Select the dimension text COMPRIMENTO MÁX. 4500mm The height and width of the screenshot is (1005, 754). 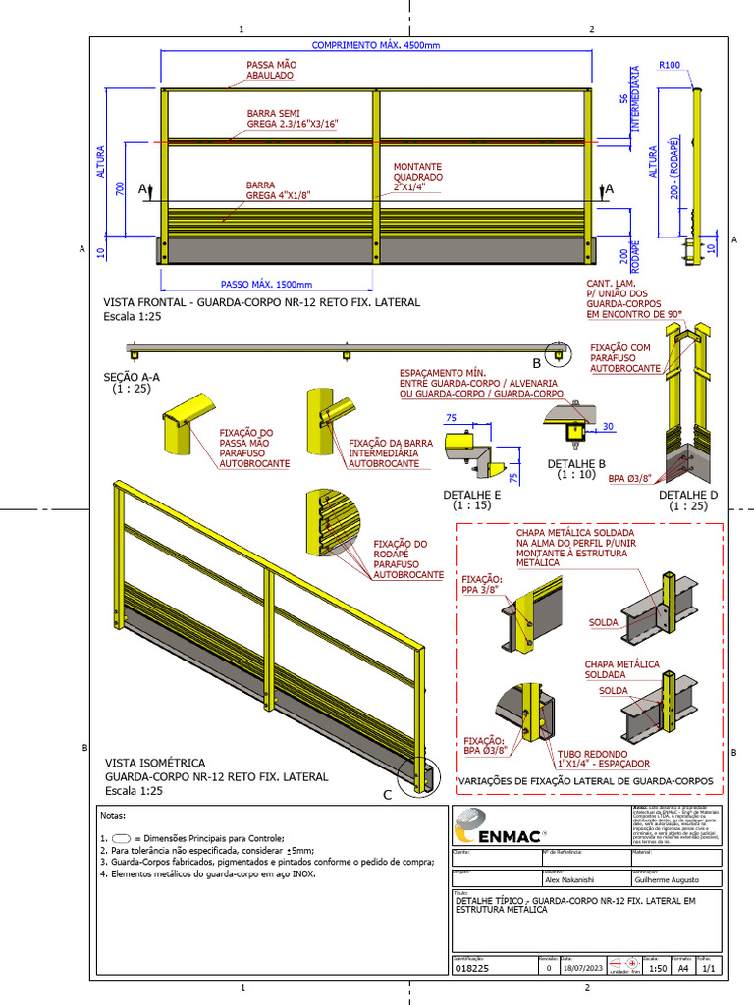(x=376, y=45)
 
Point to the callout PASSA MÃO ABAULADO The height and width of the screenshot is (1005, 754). (x=269, y=70)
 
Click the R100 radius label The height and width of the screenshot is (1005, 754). (x=670, y=65)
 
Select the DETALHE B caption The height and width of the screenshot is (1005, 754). (x=575, y=463)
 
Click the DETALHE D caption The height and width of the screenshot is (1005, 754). (x=687, y=495)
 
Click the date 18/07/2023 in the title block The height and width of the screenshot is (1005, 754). (x=580, y=967)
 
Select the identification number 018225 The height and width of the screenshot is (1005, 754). (x=472, y=967)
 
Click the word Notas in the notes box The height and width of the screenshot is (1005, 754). (x=114, y=816)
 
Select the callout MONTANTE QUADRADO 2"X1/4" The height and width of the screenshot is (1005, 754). (x=417, y=178)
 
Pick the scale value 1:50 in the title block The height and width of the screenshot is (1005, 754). (x=661, y=967)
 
